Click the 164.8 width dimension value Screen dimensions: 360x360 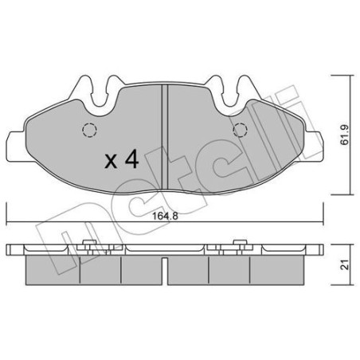[163, 213]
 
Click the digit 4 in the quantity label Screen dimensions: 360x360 [132, 161]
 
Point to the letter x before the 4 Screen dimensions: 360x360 [112, 162]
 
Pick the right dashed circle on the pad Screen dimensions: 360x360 [237, 133]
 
